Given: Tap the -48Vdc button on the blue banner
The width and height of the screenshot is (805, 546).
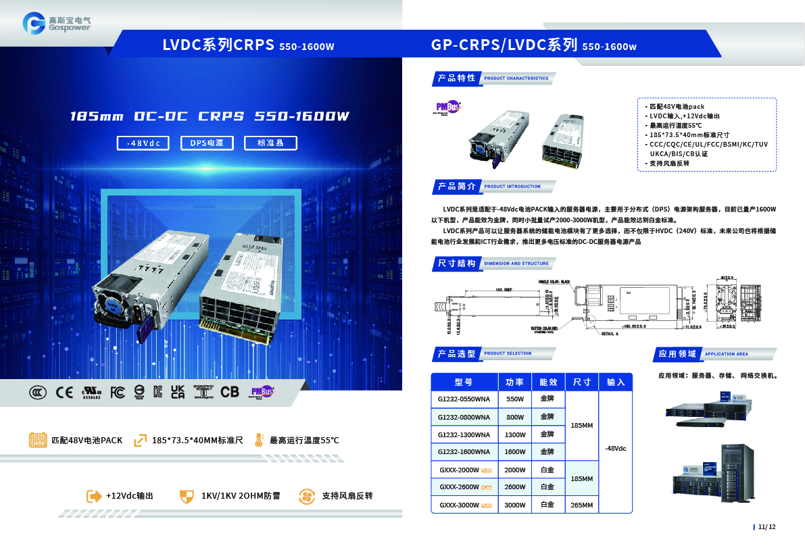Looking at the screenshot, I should (x=143, y=143).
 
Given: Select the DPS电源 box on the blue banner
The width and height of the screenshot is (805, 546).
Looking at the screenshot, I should (x=207, y=143).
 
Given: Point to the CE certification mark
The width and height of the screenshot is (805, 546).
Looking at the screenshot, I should (x=64, y=392).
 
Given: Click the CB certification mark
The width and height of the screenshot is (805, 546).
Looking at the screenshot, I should (x=230, y=392).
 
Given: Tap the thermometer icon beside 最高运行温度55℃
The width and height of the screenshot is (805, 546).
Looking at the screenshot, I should (x=259, y=440).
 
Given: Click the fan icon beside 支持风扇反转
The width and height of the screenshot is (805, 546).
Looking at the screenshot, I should (x=307, y=496).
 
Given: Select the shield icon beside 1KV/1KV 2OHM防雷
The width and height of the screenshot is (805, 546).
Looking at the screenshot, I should (x=186, y=496).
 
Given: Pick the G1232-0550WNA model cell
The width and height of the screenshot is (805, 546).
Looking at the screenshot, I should (x=464, y=399).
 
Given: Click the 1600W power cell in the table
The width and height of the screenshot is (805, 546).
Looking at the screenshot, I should (x=515, y=452).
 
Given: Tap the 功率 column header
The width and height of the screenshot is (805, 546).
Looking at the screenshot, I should (x=515, y=382).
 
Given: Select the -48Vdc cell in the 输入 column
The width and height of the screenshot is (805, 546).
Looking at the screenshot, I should (x=615, y=449).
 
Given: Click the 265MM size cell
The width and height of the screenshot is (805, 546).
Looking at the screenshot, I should (x=582, y=505).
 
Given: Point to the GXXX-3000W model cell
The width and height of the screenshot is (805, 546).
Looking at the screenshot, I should (x=464, y=505).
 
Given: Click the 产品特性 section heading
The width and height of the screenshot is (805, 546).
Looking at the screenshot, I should (x=457, y=78).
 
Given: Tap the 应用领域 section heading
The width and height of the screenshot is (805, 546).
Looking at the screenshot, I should (x=677, y=353).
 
